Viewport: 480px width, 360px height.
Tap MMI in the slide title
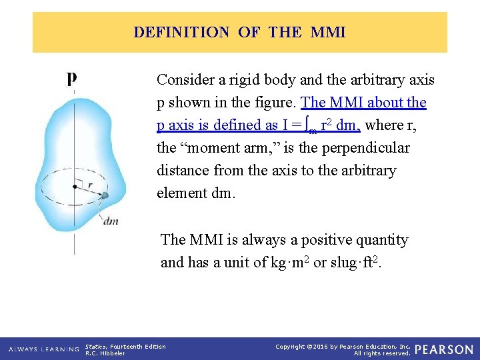tap(328, 32)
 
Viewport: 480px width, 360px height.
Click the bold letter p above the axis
tap(71, 79)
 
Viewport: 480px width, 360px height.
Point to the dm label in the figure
tap(111, 221)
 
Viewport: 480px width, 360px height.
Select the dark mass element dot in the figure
tap(105, 195)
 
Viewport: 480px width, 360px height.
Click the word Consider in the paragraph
tap(183, 80)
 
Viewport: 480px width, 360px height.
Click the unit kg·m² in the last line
tap(286, 262)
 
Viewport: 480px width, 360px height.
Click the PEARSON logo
tap(443, 349)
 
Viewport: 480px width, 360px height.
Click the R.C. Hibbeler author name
tap(105, 353)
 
